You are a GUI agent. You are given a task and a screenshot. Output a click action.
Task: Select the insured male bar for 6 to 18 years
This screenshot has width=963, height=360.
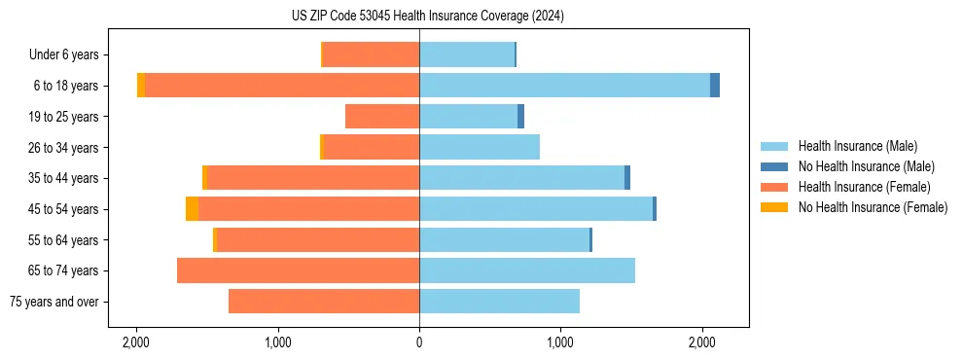(x=564, y=86)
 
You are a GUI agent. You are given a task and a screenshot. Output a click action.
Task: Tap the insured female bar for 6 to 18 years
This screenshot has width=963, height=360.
(x=282, y=86)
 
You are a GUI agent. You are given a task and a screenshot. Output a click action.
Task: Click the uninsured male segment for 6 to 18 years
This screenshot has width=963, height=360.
(x=715, y=86)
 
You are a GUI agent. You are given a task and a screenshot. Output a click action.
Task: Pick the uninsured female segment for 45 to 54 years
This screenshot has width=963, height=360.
(x=192, y=209)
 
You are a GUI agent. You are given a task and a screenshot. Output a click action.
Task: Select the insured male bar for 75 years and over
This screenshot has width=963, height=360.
(x=499, y=302)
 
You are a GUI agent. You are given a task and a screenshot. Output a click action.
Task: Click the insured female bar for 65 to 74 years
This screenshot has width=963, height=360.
(x=298, y=270)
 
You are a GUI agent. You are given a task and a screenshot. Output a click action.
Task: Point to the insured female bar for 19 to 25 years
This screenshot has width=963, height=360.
(x=382, y=117)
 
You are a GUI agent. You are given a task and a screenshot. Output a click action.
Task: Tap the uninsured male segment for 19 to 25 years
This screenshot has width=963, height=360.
(x=520, y=117)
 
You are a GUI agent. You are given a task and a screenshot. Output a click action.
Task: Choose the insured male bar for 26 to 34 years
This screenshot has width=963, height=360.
(x=480, y=147)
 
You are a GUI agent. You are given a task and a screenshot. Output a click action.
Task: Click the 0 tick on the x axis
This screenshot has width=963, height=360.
(x=419, y=342)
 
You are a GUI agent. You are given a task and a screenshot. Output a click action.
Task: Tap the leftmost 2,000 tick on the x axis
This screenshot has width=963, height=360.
(x=136, y=342)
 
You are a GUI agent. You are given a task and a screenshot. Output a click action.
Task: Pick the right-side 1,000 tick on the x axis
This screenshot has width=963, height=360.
(x=561, y=342)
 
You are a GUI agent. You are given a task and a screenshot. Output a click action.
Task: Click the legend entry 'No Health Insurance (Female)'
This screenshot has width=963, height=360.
(x=873, y=207)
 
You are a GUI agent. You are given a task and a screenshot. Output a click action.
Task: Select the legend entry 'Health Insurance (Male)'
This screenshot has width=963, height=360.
(x=858, y=146)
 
